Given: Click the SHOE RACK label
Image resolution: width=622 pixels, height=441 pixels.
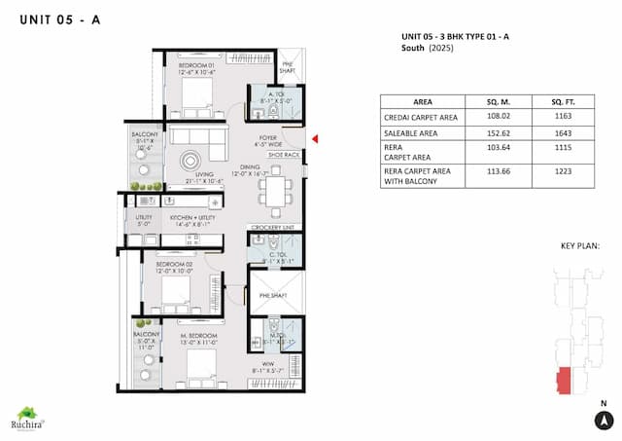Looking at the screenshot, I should click(x=285, y=153).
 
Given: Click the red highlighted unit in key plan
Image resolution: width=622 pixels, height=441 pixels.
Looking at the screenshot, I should click(x=564, y=381).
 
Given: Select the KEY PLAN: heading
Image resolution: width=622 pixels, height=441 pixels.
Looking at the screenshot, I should click(x=580, y=247).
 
